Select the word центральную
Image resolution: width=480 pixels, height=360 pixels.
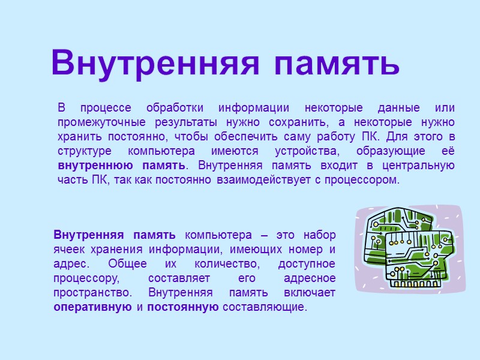tap(420, 165)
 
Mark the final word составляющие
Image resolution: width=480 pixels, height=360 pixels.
tap(265, 308)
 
